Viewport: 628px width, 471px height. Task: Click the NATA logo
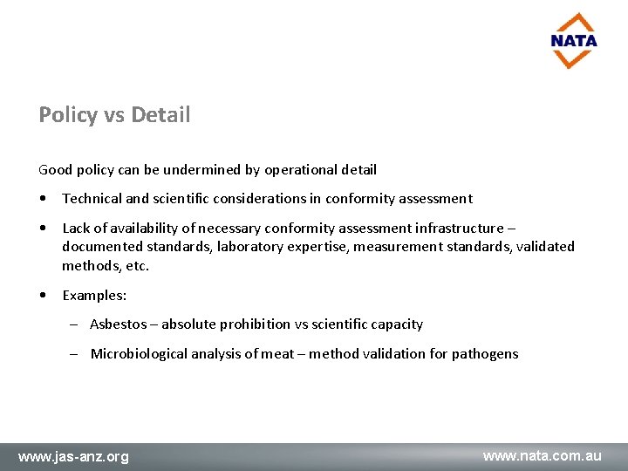click(574, 40)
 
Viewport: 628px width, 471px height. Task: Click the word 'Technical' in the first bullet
click(91, 199)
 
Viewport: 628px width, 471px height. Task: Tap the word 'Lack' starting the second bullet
click(77, 229)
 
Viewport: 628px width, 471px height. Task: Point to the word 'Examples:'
click(94, 295)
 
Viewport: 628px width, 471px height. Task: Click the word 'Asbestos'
click(119, 324)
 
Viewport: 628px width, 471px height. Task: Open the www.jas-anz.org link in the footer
click(74, 456)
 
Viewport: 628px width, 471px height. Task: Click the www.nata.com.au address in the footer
click(543, 455)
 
